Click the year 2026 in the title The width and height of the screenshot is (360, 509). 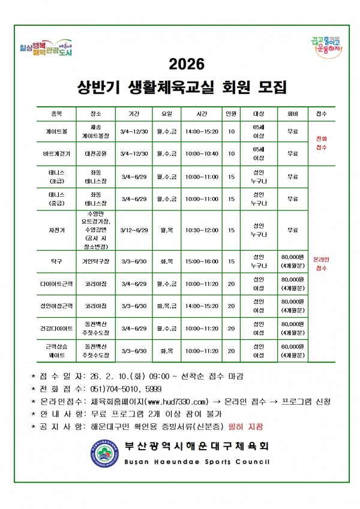pyautogui.click(x=187, y=64)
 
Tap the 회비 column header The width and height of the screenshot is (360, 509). pyautogui.click(x=292, y=113)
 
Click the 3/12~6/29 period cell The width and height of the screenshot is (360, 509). pyautogui.click(x=134, y=230)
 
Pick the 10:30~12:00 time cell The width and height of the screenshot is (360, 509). pyautogui.click(x=202, y=230)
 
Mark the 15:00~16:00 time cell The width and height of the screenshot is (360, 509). pyautogui.click(x=202, y=262)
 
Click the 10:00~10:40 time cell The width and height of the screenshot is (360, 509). pyautogui.click(x=202, y=153)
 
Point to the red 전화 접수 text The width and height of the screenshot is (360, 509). pyautogui.click(x=320, y=142)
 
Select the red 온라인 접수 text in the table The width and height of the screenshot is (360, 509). pyautogui.click(x=320, y=264)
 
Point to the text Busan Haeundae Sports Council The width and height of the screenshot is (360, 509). pyautogui.click(x=197, y=462)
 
